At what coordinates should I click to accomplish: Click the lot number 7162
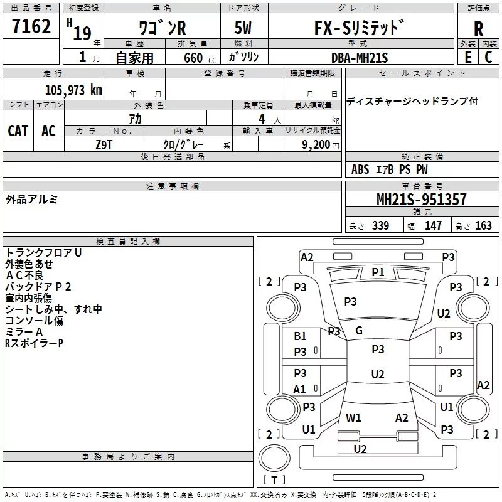click(31, 27)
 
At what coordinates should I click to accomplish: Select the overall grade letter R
click(478, 28)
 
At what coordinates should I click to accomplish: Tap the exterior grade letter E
click(467, 56)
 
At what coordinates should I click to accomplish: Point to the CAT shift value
click(18, 131)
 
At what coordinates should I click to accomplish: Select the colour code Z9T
click(104, 144)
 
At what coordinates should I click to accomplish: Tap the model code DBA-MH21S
click(360, 58)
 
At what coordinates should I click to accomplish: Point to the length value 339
click(380, 225)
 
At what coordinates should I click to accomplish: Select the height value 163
click(483, 225)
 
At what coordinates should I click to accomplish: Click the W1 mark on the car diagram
click(353, 417)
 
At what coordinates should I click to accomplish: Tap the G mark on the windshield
click(359, 331)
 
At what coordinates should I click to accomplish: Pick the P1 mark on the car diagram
click(378, 272)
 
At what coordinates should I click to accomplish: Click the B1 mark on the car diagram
click(301, 336)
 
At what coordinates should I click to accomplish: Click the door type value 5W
click(244, 28)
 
